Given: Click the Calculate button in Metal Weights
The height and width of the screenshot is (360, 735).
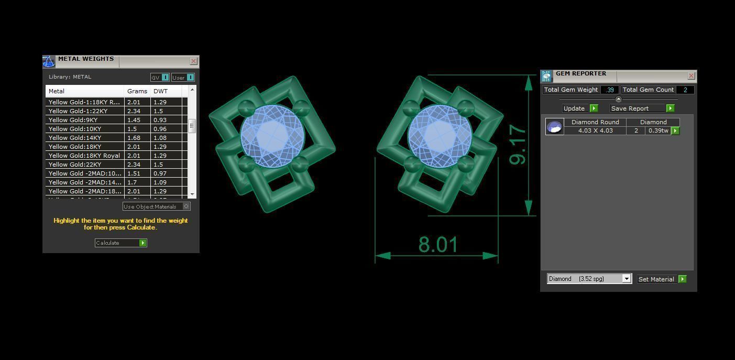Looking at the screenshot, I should pos(120,243).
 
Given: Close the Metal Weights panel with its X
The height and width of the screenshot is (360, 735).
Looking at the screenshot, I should pos(193,61).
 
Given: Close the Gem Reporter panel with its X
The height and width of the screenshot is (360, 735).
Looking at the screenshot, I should pos(691,76).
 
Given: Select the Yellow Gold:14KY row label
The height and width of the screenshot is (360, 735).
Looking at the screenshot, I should pos(75,138).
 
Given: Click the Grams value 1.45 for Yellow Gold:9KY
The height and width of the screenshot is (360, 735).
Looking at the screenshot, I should pos(134,120).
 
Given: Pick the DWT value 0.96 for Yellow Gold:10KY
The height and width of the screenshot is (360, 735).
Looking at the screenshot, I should pos(160,129).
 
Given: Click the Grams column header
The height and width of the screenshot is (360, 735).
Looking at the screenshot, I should pos(137,91).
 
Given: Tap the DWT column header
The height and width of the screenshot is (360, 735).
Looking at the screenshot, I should pos(160,91).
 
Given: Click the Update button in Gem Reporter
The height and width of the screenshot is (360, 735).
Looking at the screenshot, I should pos(580,108).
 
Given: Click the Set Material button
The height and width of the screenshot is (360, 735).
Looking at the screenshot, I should pos(662,279).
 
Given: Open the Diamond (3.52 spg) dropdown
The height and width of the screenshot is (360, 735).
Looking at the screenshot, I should pos(626,279).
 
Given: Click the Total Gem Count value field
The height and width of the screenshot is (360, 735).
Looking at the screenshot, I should pos(685,90).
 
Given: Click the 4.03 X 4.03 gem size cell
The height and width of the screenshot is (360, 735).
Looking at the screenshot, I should pos(595,130).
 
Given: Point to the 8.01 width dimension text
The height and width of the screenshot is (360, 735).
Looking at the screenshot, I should pos(438,245).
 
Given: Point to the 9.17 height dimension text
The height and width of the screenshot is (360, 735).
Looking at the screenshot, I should pos(518,145).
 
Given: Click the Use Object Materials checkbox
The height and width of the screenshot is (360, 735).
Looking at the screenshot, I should pos(186,206).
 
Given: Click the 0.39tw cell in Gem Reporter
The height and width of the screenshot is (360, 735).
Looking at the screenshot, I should pos(658,130).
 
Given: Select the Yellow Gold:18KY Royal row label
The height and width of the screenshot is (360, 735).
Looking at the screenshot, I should pos(84,156).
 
